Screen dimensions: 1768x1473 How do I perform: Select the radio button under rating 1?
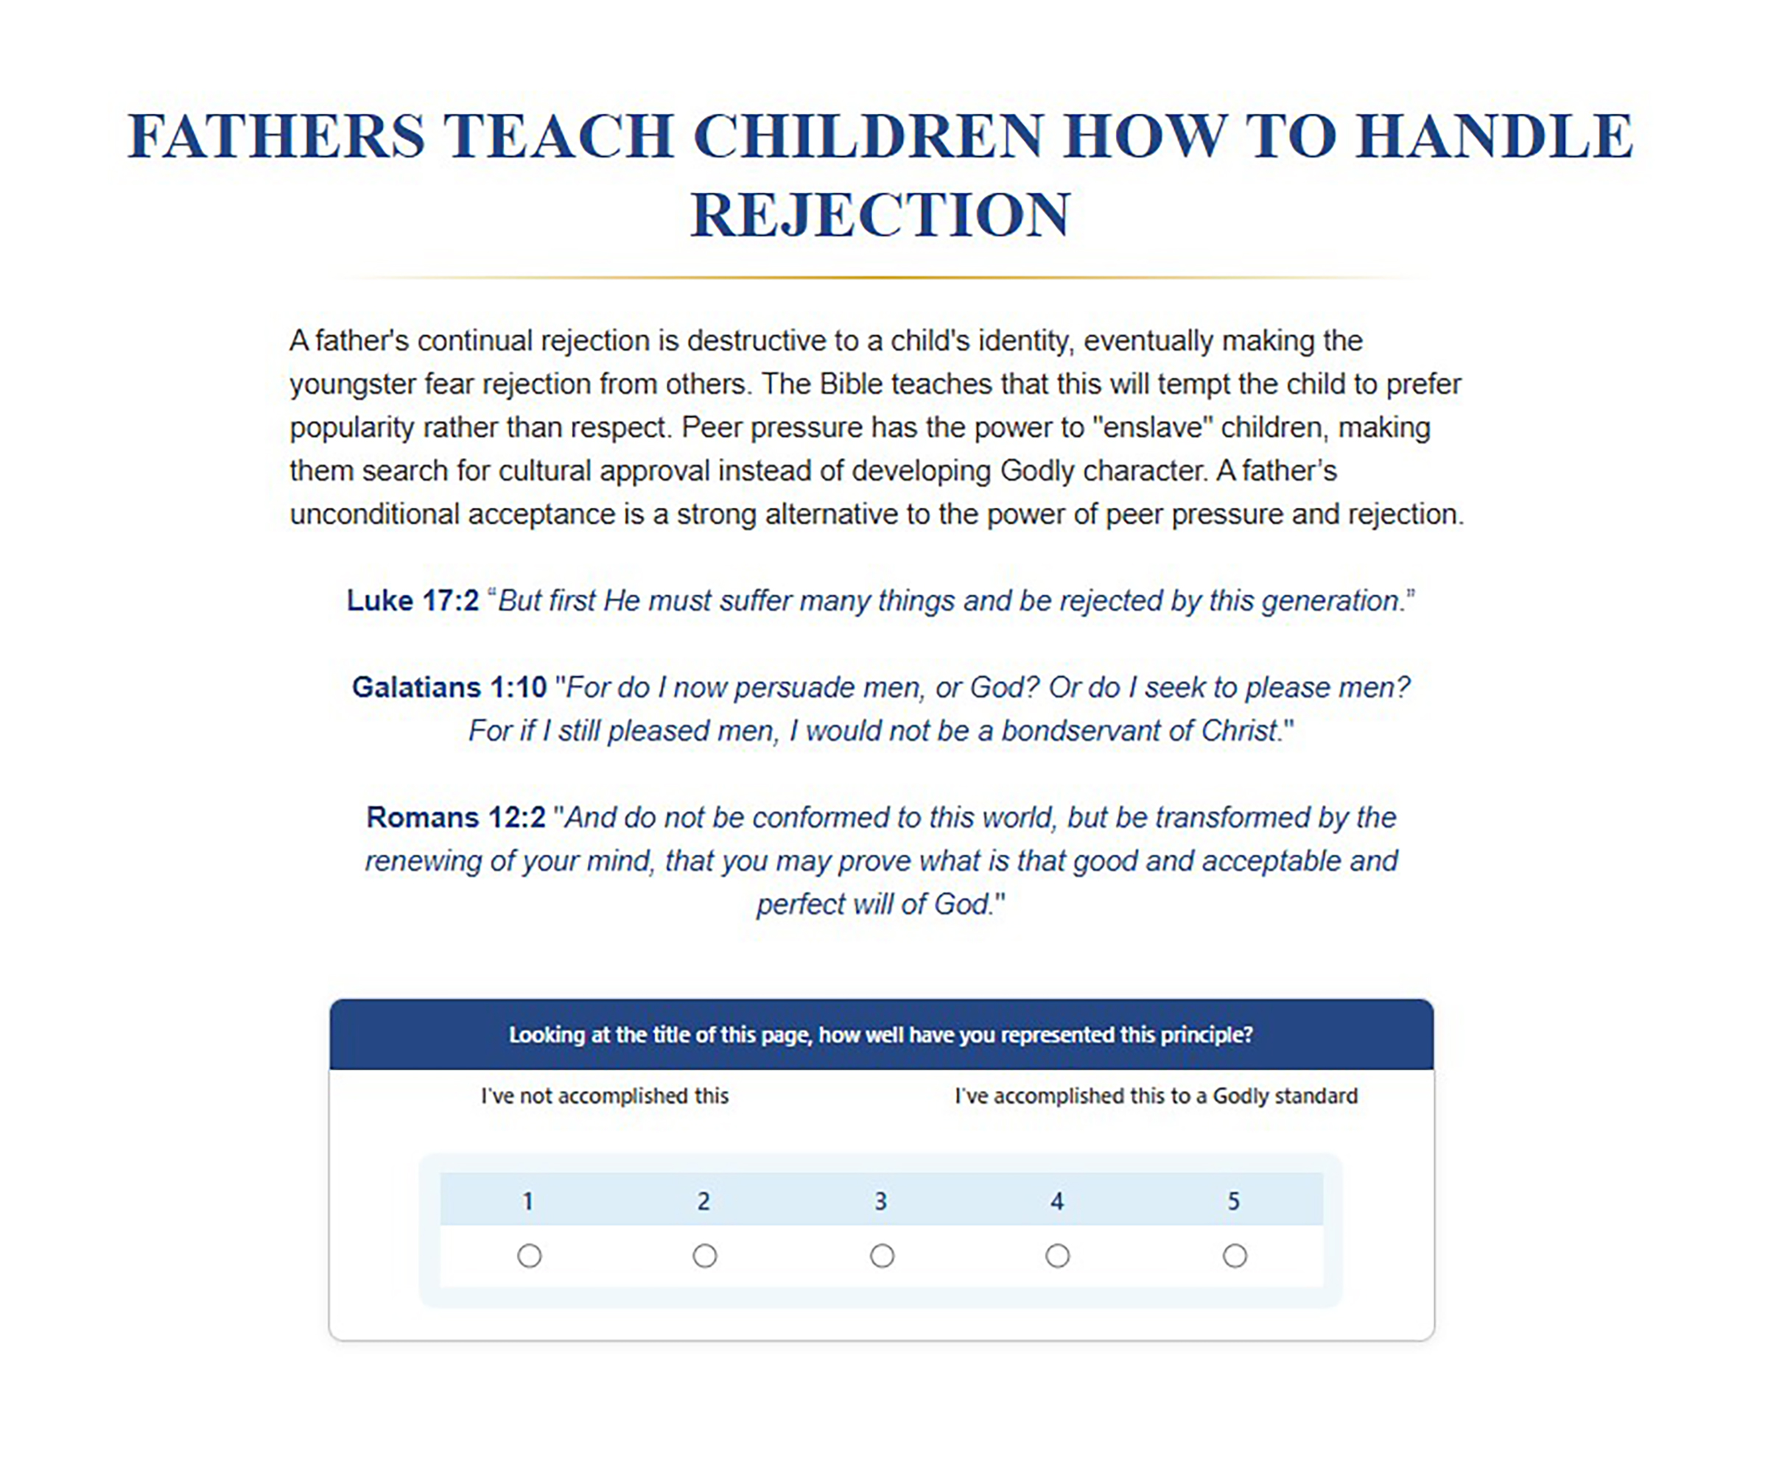[x=530, y=1256]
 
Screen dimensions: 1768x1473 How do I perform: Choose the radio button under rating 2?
[x=705, y=1256]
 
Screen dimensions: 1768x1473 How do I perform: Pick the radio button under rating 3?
[x=882, y=1256]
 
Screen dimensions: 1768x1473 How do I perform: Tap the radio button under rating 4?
[x=1057, y=1256]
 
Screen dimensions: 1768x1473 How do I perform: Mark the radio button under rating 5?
[x=1234, y=1256]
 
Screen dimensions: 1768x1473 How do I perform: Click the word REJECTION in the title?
[x=880, y=214]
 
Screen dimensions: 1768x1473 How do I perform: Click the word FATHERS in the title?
[x=276, y=136]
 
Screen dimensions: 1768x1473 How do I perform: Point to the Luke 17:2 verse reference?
[x=413, y=600]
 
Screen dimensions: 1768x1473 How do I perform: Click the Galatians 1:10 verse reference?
[x=449, y=687]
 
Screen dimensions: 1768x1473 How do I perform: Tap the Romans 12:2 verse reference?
[x=455, y=817]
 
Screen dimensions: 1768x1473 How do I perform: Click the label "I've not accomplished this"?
[x=605, y=1096]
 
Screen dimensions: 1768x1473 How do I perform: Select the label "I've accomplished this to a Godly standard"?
[x=1156, y=1096]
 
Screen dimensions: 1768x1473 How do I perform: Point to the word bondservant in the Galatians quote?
[x=1084, y=730]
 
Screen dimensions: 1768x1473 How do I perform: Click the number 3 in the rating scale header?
[x=880, y=1201]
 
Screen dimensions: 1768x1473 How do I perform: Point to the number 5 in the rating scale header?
[x=1233, y=1201]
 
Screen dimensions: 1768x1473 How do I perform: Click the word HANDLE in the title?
[x=1495, y=136]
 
